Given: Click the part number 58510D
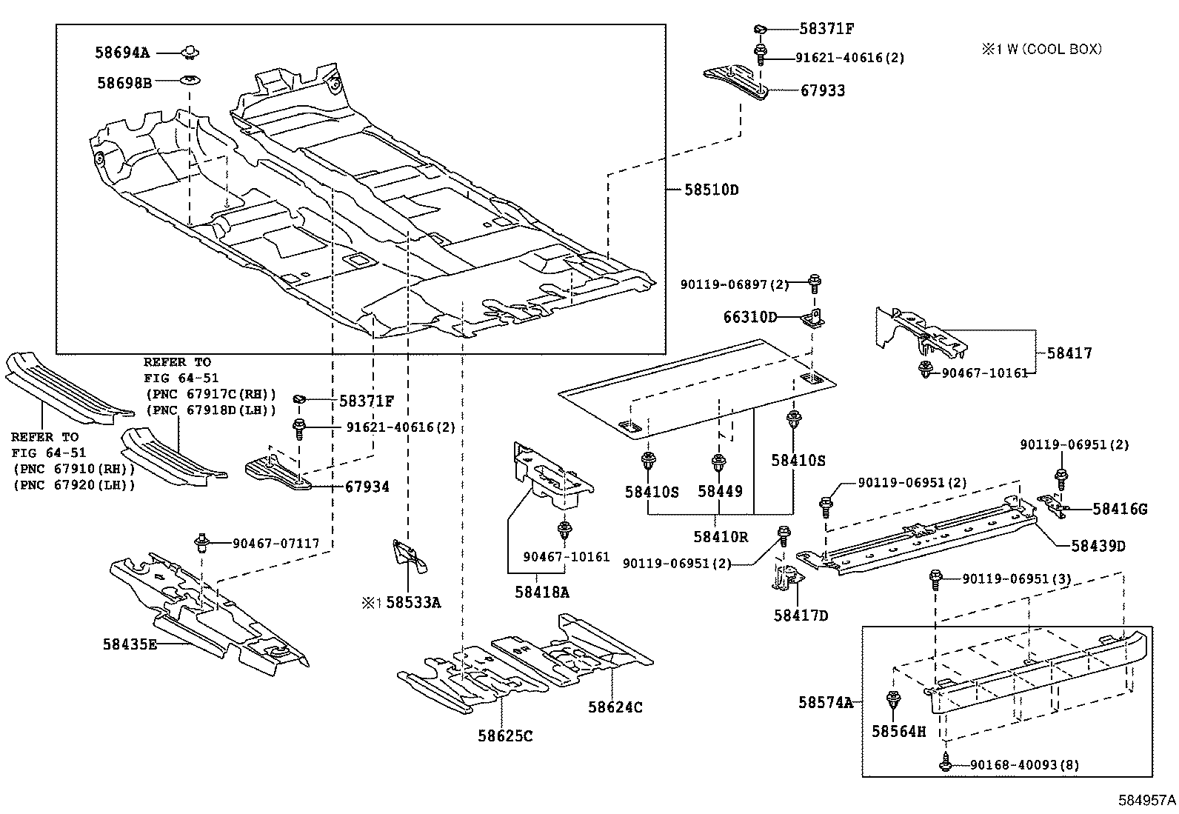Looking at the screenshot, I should (711, 190).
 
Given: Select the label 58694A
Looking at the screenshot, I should (122, 53).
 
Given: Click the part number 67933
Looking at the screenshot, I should (822, 90).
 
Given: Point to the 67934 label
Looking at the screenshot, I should (367, 487).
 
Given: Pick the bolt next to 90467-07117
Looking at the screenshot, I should (200, 543).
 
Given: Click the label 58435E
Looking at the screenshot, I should (130, 644).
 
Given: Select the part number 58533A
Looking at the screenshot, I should (413, 602).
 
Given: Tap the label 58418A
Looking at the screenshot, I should (542, 592).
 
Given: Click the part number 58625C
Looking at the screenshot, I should (505, 735).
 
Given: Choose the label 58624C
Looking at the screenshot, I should (615, 707).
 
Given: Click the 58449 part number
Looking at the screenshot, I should (719, 491).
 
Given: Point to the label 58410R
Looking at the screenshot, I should (721, 536).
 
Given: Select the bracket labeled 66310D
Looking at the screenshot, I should (813, 318).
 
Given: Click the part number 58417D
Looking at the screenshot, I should (801, 615).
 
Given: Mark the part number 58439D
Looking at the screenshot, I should (1098, 546).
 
